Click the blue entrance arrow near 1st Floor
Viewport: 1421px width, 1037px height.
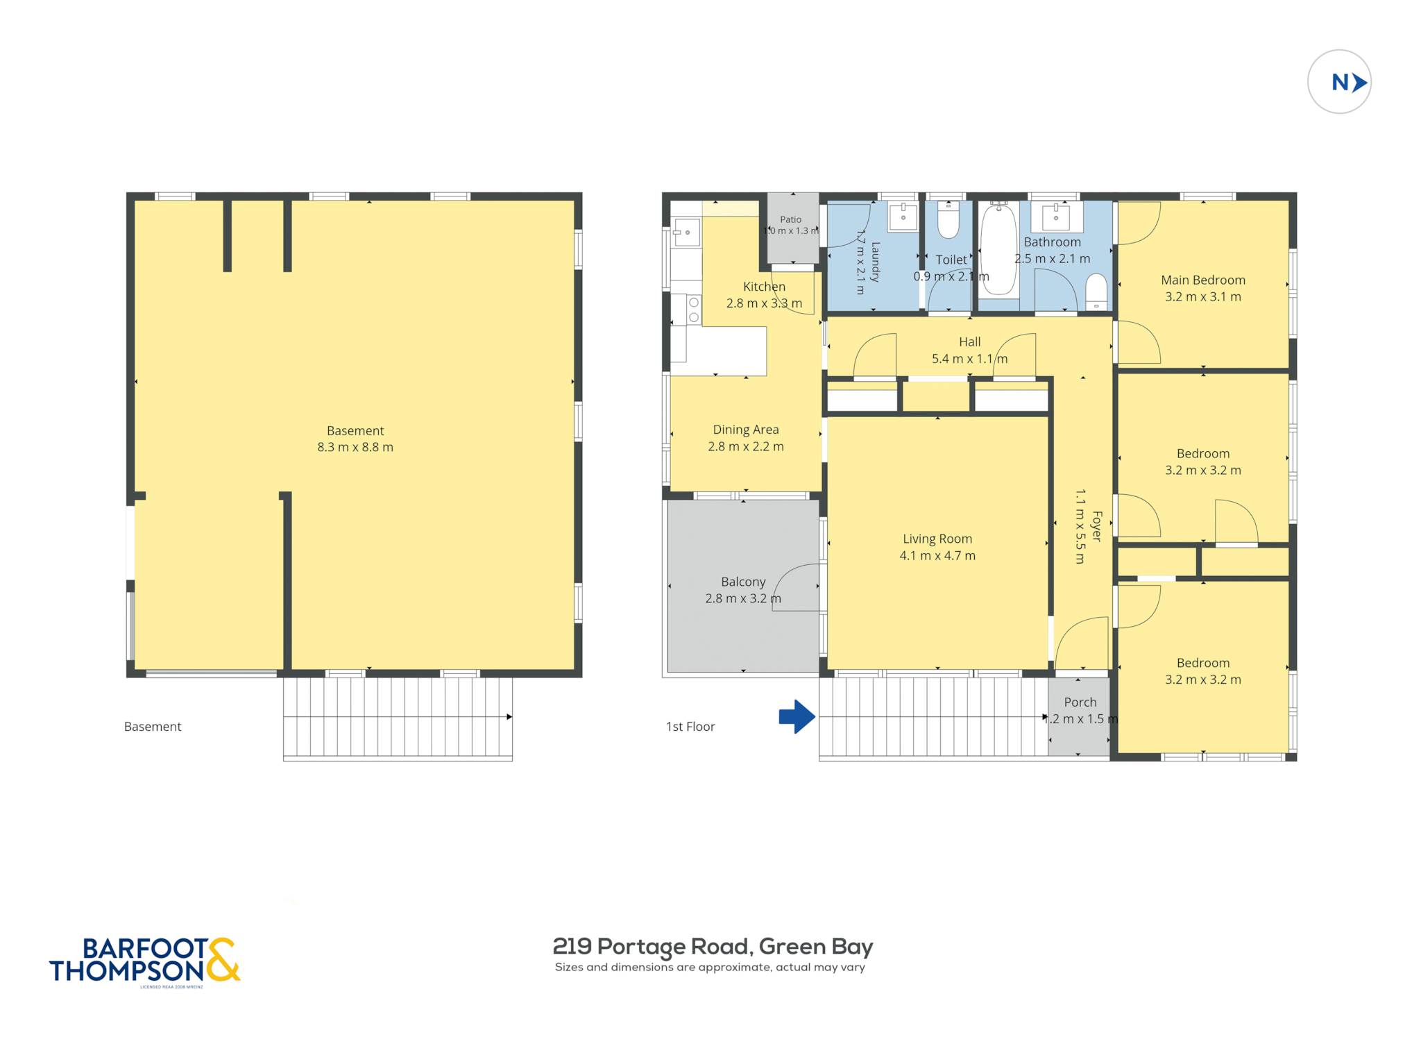[x=797, y=716]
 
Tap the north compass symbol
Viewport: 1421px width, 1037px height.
[x=1339, y=82]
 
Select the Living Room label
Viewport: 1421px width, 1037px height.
[x=937, y=539]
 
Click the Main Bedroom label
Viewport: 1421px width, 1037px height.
[x=1203, y=280]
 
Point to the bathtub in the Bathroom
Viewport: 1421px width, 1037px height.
[x=998, y=250]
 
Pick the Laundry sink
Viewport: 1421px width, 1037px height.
[x=903, y=216]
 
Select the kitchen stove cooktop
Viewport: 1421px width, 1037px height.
[x=693, y=310]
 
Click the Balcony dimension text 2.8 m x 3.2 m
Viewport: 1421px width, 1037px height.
[x=743, y=598]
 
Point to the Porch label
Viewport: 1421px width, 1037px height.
[x=1080, y=702]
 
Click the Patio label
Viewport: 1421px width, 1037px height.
[x=790, y=219]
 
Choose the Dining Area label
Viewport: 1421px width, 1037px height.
[x=746, y=430]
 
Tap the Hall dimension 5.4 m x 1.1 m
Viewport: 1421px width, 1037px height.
[x=969, y=359]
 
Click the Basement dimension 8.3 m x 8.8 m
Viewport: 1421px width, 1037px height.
[x=355, y=447]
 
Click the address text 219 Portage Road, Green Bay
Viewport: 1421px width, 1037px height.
[x=713, y=946]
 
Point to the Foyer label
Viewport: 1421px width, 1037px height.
[x=1097, y=526]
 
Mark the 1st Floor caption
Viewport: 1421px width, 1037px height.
[x=690, y=727]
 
